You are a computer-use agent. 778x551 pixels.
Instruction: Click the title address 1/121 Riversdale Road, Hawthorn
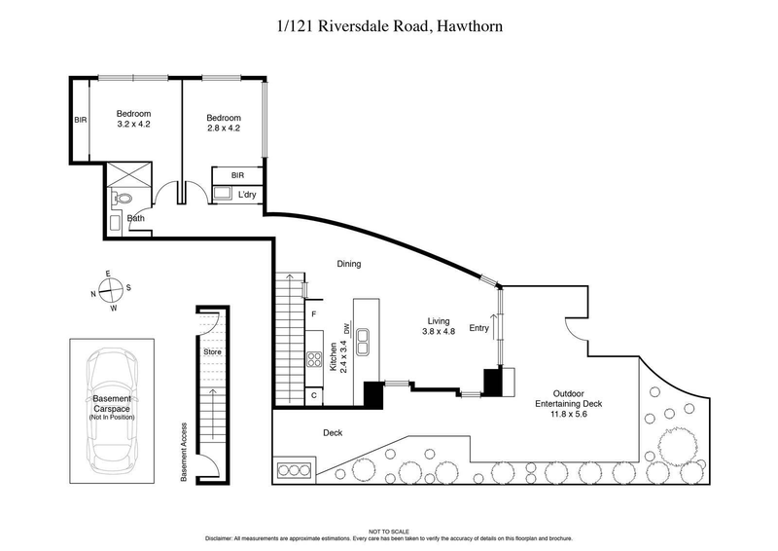[389, 28]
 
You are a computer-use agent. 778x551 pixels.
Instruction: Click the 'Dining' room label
[348, 264]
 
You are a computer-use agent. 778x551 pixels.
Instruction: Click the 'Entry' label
[479, 328]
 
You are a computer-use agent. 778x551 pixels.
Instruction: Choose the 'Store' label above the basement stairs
[211, 350]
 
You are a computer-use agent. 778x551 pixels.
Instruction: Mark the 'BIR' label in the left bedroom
[80, 121]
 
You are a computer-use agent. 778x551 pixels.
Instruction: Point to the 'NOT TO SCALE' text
[389, 530]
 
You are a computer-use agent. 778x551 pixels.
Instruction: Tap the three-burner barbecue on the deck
[291, 470]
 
